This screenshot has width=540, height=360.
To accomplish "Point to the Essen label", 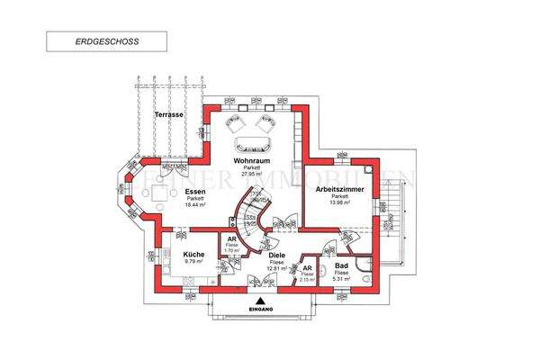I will tap(194, 191).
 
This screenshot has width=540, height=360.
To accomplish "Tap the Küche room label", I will tap(194, 256).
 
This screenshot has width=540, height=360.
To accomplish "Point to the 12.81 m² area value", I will tap(274, 269).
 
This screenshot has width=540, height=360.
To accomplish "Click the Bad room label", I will tap(341, 266).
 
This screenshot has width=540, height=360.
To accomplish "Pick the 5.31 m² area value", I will tap(341, 279).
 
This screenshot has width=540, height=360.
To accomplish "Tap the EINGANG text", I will tap(262, 310).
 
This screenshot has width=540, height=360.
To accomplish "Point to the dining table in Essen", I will tap(160, 193).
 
